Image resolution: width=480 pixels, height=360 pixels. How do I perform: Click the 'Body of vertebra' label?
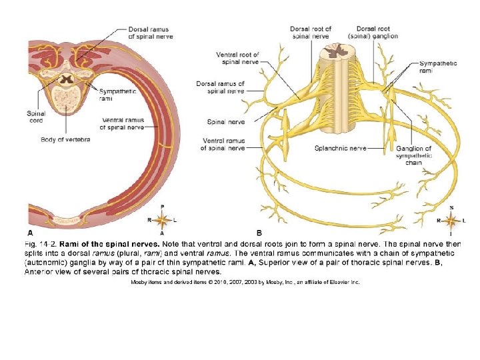point(65,139)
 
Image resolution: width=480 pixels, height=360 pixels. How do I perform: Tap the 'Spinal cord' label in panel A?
point(36,117)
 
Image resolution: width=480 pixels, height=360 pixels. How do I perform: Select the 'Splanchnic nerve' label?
point(341,148)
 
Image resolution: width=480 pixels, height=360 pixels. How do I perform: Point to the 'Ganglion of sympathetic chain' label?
point(414,155)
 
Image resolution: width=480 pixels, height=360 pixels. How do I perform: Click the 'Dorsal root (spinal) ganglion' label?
point(377,32)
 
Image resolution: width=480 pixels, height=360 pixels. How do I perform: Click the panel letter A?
point(29,233)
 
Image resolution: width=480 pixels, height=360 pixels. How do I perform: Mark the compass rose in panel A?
point(162,219)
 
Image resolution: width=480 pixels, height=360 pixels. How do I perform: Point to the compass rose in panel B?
point(451,220)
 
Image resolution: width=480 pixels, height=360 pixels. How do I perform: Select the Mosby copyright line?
point(245,282)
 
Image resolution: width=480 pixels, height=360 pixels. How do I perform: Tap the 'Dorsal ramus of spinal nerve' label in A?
point(148,33)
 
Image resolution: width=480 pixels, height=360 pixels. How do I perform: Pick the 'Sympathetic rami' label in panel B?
point(438,67)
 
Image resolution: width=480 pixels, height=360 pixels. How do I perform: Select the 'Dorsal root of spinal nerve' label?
point(310,32)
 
